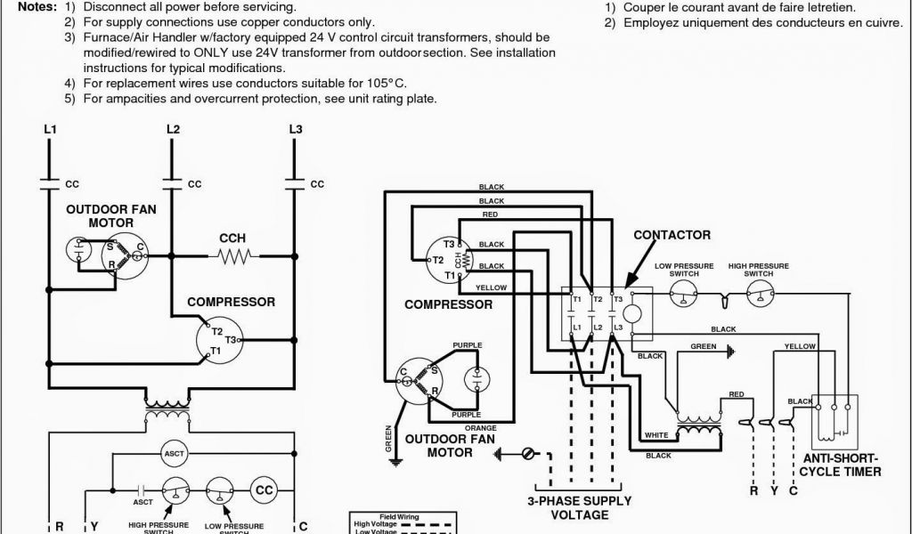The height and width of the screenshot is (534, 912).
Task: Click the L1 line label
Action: coord(50,130)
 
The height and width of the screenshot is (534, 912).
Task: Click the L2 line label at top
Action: coord(173,130)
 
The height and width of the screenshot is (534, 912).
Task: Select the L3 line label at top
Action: coord(296,130)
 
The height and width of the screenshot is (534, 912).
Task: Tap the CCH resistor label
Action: coord(232,239)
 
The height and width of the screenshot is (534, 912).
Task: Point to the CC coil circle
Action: coord(265,490)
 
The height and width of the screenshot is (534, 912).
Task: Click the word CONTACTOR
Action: coord(672,235)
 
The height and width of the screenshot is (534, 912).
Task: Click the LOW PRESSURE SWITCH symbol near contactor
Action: coord(683,297)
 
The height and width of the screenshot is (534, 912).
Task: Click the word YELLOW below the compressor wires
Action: coord(491,287)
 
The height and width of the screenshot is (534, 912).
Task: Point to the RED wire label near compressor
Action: coord(490,214)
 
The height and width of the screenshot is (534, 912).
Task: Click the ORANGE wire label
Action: coord(485,428)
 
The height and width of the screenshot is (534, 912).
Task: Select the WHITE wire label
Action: coord(655,435)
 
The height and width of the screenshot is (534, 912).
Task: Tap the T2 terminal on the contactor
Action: coord(598,300)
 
